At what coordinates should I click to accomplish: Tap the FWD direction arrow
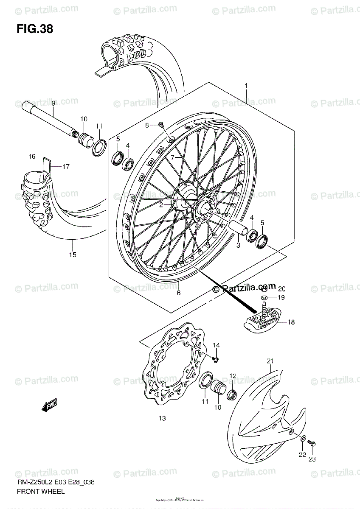click(x=50, y=405)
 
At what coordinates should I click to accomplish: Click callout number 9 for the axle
click(x=53, y=103)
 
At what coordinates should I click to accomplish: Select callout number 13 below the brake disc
click(x=163, y=419)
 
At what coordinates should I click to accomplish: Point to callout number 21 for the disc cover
click(x=269, y=361)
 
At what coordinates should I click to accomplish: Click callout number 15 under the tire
click(x=73, y=255)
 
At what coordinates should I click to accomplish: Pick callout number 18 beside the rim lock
click(x=290, y=322)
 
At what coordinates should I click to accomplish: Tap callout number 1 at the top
click(x=246, y=87)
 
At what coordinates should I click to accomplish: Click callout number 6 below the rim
click(x=179, y=293)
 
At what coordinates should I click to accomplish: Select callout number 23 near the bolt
click(x=312, y=459)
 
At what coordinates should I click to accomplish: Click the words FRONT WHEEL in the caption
click(x=41, y=492)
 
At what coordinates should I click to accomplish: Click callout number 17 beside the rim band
click(x=66, y=167)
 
